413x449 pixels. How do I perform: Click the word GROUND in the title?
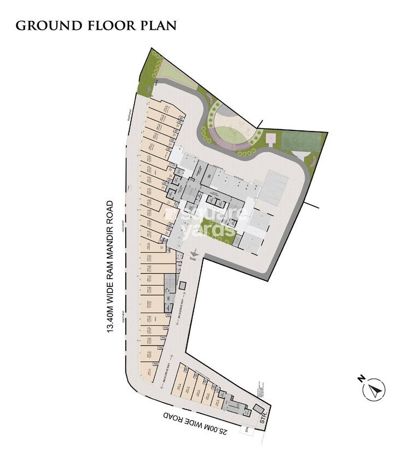[43, 26]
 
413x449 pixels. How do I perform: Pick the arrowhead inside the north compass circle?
[376, 390]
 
